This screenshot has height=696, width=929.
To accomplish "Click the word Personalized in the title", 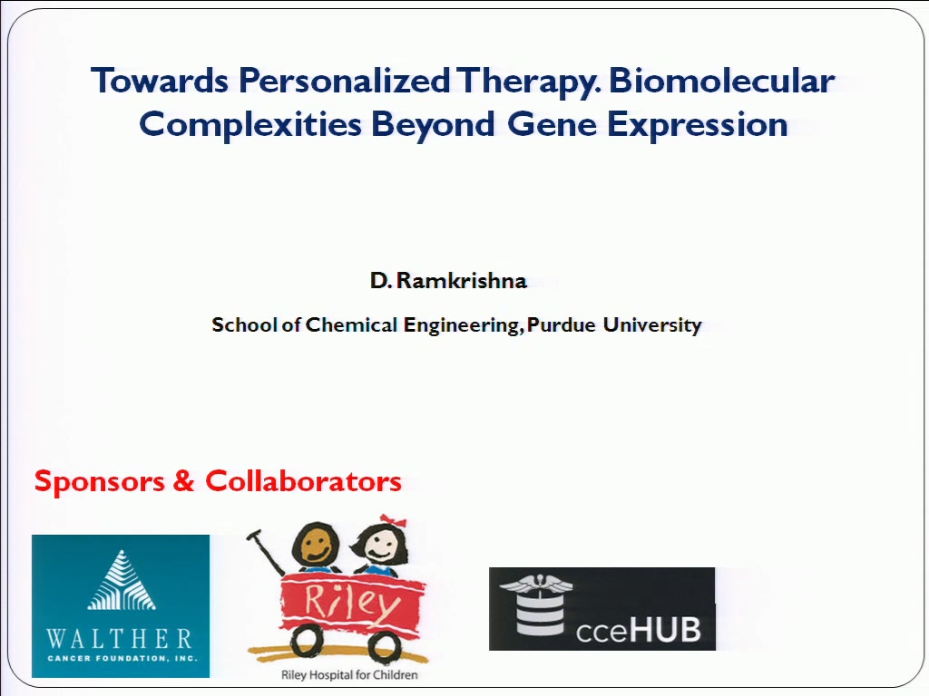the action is (344, 82).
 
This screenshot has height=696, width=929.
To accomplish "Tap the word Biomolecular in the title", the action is (721, 80).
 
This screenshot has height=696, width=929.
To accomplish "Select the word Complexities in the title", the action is (250, 125).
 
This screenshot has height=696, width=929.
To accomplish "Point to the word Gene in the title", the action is (552, 124).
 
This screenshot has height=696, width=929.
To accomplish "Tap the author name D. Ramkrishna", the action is (448, 280).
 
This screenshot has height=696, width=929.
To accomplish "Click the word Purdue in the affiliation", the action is (561, 324).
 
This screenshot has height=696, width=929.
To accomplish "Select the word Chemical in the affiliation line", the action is (351, 324).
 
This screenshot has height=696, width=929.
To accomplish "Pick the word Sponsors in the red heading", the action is (100, 481).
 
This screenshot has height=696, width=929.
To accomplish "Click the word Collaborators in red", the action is (303, 480).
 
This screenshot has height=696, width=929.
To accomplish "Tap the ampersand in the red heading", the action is (183, 480).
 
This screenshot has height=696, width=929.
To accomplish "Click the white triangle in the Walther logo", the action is (122, 580).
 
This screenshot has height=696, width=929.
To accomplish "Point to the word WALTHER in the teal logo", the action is (120, 639).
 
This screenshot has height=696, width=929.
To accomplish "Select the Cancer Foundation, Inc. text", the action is (122, 658).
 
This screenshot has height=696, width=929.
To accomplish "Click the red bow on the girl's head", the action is (394, 520).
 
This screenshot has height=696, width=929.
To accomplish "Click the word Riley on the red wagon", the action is (352, 603).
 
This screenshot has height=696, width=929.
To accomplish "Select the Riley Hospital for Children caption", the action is (349, 674).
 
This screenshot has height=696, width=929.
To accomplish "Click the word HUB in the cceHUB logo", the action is (664, 629).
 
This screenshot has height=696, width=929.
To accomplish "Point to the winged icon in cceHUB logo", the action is (536, 586).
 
